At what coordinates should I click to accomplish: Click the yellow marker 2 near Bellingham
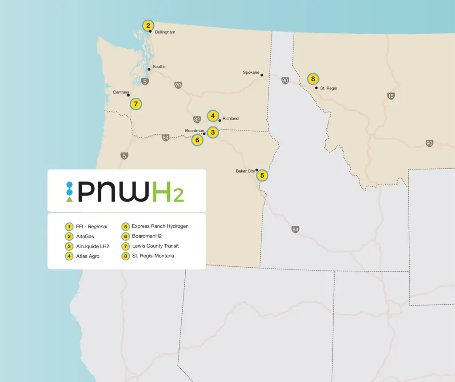pyautogui.click(x=148, y=25)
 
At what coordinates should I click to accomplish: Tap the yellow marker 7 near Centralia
pyautogui.click(x=136, y=104)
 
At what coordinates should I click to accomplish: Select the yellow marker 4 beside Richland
pyautogui.click(x=213, y=116)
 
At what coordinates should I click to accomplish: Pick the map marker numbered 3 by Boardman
pyautogui.click(x=213, y=132)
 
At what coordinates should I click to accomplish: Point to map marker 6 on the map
pyautogui.click(x=197, y=140)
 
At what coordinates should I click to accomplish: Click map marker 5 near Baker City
pyautogui.click(x=262, y=175)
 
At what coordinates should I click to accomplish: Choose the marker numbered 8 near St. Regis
pyautogui.click(x=313, y=79)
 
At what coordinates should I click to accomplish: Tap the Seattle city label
pyautogui.click(x=159, y=67)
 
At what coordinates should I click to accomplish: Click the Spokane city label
pyautogui.click(x=251, y=72)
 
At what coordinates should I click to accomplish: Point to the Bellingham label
pyautogui.click(x=165, y=32)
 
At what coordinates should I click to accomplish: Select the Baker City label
pyautogui.click(x=245, y=171)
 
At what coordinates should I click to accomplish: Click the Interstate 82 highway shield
pyautogui.click(x=197, y=119)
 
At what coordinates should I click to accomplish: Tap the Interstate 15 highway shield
pyautogui.click(x=391, y=96)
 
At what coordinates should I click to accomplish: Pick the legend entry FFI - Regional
pyautogui.click(x=92, y=226)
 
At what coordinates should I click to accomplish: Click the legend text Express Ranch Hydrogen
pyautogui.click(x=160, y=226)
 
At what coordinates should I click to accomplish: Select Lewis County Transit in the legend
pyautogui.click(x=156, y=246)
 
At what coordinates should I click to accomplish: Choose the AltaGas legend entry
pyautogui.click(x=85, y=237)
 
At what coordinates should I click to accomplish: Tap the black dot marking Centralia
pyautogui.click(x=128, y=95)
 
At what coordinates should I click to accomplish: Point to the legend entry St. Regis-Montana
pyautogui.click(x=153, y=256)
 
